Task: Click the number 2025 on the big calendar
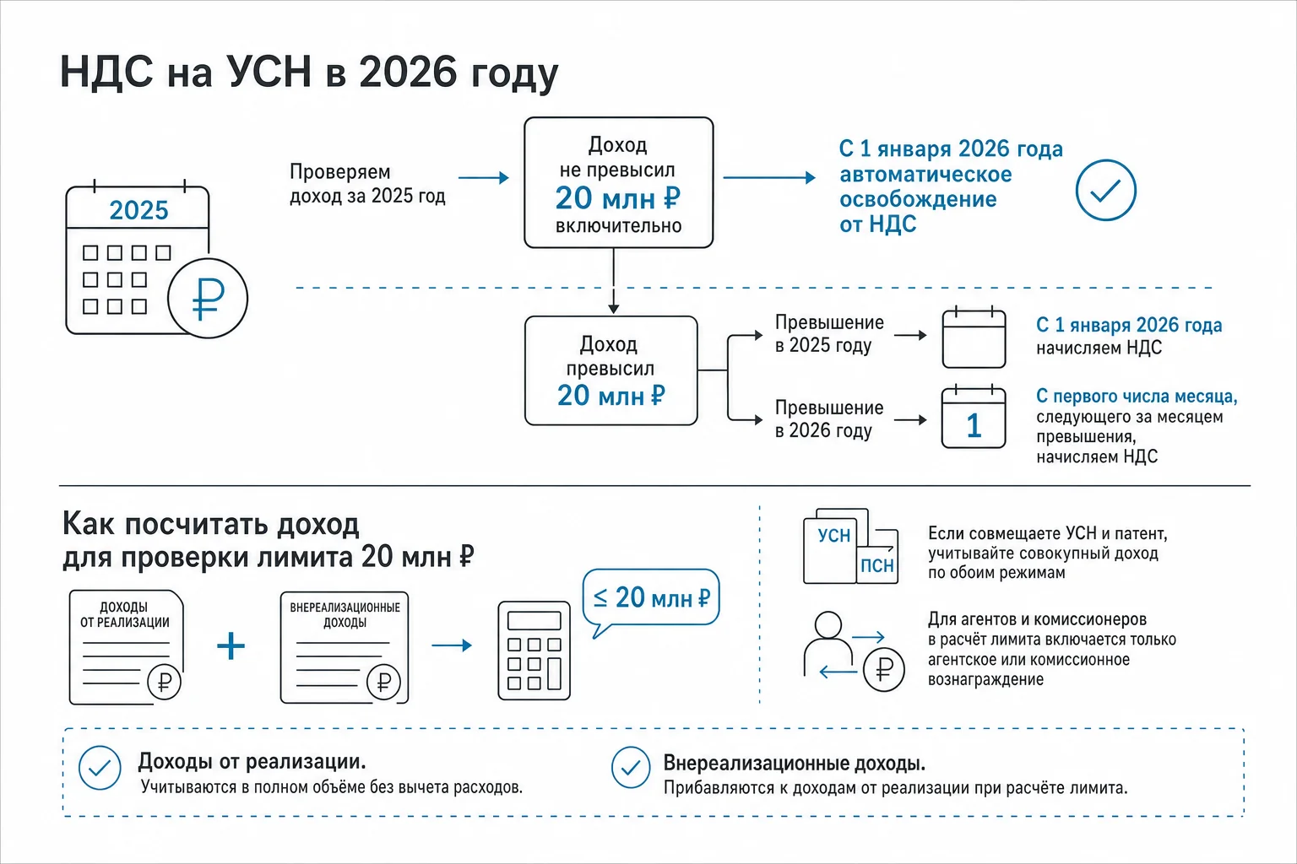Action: (139, 210)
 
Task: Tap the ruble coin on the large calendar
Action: (208, 298)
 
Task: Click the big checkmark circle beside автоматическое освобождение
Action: (1106, 191)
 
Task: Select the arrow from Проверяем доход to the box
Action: (484, 178)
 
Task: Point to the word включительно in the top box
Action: (618, 225)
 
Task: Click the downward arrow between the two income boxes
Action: (614, 281)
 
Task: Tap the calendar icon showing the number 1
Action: (974, 417)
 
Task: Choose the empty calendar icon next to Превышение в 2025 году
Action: (974, 337)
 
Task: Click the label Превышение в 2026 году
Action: (829, 419)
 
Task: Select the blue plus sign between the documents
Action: (231, 645)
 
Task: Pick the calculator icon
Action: (534, 651)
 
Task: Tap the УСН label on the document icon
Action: (833, 535)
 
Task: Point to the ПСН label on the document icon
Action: (876, 565)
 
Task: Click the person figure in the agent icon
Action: (828, 643)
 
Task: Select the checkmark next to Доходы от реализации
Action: (100, 768)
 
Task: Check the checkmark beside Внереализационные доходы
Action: (631, 767)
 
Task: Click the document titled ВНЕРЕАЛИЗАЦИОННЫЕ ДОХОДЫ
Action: (345, 647)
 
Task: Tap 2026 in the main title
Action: (408, 72)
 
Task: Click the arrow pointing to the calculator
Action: (452, 645)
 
